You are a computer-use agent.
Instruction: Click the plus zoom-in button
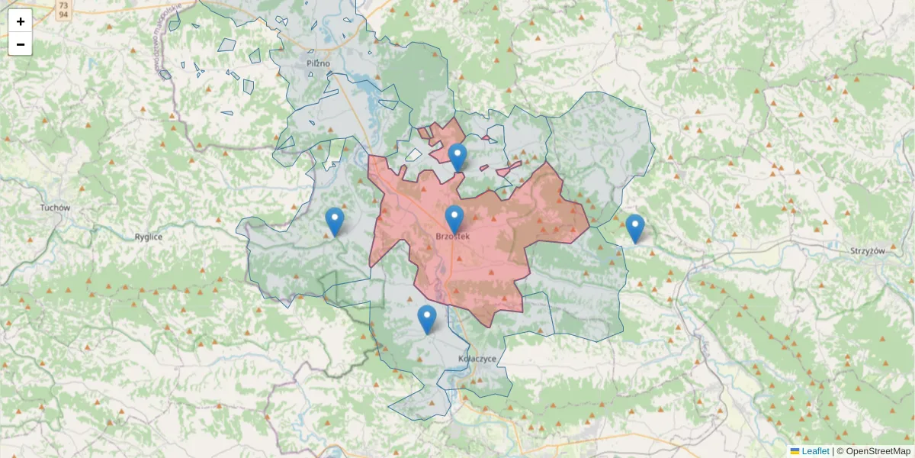[20, 21]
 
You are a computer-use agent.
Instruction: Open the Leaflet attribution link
[815, 451]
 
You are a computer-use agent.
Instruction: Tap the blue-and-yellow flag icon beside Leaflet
[795, 451]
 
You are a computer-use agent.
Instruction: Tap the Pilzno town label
[318, 63]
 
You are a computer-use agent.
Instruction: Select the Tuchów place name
[56, 208]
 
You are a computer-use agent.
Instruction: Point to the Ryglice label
[149, 237]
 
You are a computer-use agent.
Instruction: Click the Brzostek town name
[452, 237]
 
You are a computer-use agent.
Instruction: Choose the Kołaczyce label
[478, 358]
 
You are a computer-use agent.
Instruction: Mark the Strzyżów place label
[867, 250]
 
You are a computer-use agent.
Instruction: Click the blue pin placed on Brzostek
[454, 219]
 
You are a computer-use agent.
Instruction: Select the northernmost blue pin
[457, 157]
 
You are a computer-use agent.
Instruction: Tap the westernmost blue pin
[335, 221]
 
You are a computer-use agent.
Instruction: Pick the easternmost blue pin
[634, 228]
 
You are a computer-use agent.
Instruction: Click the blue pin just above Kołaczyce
[427, 319]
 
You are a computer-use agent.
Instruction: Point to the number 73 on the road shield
[64, 5]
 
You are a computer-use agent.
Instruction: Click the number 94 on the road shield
[64, 14]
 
